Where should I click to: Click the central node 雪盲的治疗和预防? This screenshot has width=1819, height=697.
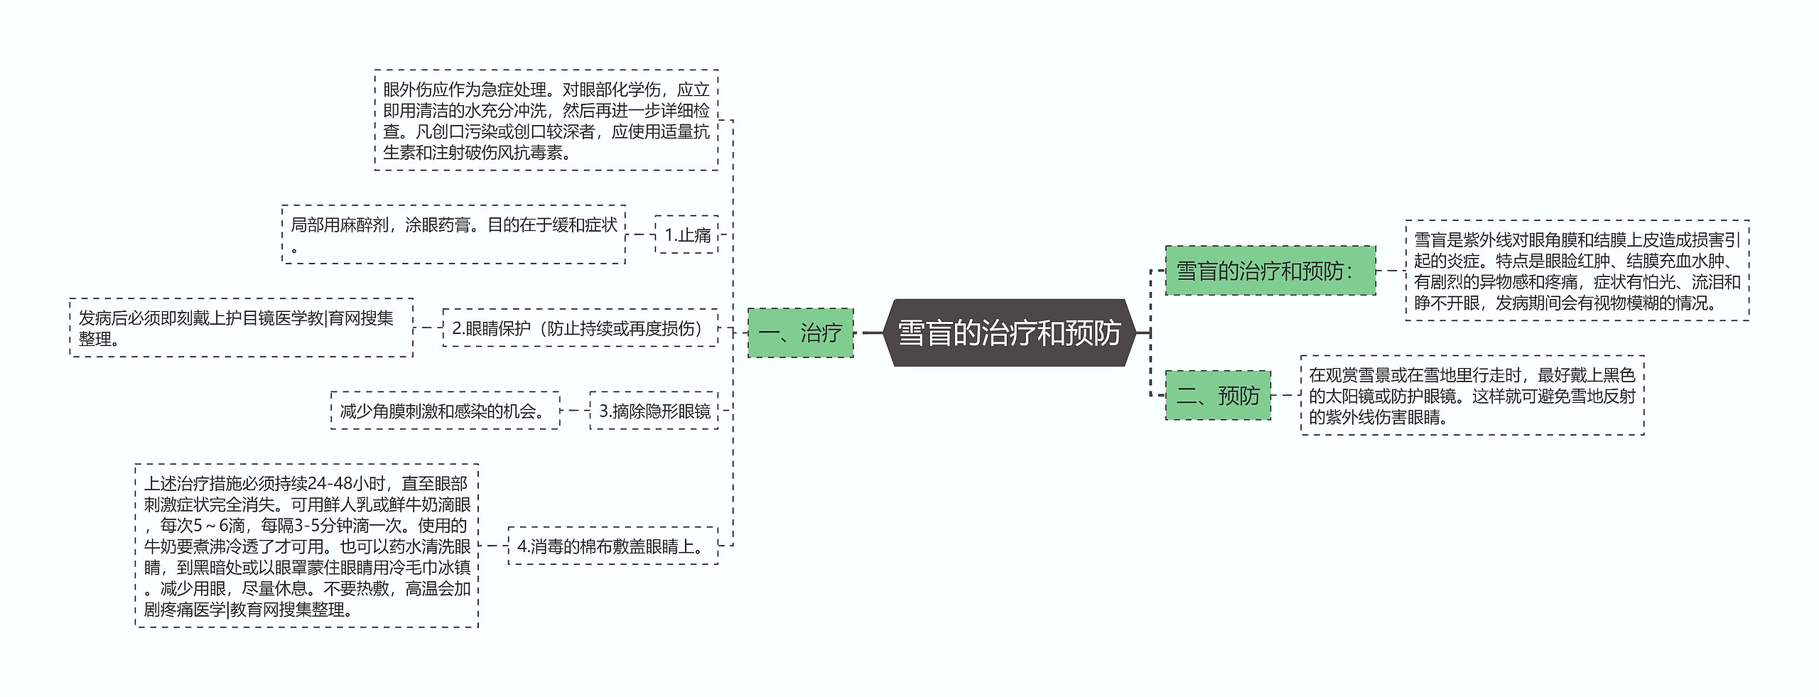(x=1009, y=333)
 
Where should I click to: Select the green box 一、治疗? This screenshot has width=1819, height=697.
(x=800, y=333)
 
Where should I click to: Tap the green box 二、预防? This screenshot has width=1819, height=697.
(x=1217, y=395)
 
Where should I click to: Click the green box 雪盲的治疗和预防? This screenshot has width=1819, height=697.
(x=1270, y=271)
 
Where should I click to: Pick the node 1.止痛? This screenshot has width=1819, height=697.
(x=686, y=234)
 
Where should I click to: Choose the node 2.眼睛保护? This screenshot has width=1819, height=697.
(x=580, y=328)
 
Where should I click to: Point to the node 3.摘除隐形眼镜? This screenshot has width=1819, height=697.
(x=654, y=411)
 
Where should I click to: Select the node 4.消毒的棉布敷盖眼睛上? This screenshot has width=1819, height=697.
(x=612, y=546)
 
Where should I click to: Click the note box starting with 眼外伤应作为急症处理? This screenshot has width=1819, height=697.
(x=546, y=120)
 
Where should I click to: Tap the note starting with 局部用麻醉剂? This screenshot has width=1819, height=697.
(x=453, y=234)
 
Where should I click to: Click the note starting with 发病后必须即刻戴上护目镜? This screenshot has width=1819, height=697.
(x=241, y=328)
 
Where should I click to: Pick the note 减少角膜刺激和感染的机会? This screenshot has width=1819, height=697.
(x=445, y=411)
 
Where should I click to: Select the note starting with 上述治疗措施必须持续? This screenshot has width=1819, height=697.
(x=306, y=546)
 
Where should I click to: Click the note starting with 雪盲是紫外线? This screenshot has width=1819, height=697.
(x=1577, y=271)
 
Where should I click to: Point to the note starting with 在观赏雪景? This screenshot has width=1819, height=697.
(x=1472, y=395)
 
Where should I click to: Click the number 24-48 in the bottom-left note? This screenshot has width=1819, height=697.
(x=332, y=484)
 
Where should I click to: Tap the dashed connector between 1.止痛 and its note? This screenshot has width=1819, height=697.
(x=640, y=234)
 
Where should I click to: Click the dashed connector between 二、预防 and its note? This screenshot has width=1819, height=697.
(x=1285, y=395)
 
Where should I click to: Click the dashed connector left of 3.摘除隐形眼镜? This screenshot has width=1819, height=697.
(x=575, y=411)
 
